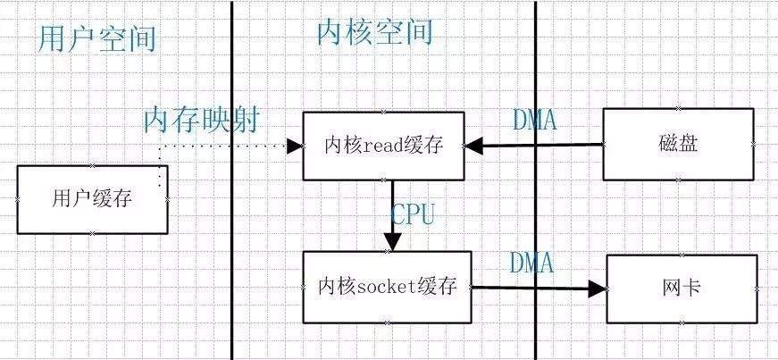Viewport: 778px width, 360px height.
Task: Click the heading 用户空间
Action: (97, 38)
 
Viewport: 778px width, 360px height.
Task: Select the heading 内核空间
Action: (374, 32)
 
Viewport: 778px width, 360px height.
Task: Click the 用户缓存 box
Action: (92, 199)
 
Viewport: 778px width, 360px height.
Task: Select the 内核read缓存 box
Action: (382, 146)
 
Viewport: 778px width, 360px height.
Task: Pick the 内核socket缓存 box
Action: (387, 287)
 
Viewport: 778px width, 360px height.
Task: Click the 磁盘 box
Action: (678, 144)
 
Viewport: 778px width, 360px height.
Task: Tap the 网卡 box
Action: (682, 288)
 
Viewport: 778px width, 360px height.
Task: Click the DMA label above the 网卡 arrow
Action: (531, 263)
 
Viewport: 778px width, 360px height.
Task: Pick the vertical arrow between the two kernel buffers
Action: (392, 214)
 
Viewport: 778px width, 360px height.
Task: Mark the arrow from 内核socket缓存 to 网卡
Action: (536, 288)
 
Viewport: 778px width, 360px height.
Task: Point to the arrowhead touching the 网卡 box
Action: (598, 288)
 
